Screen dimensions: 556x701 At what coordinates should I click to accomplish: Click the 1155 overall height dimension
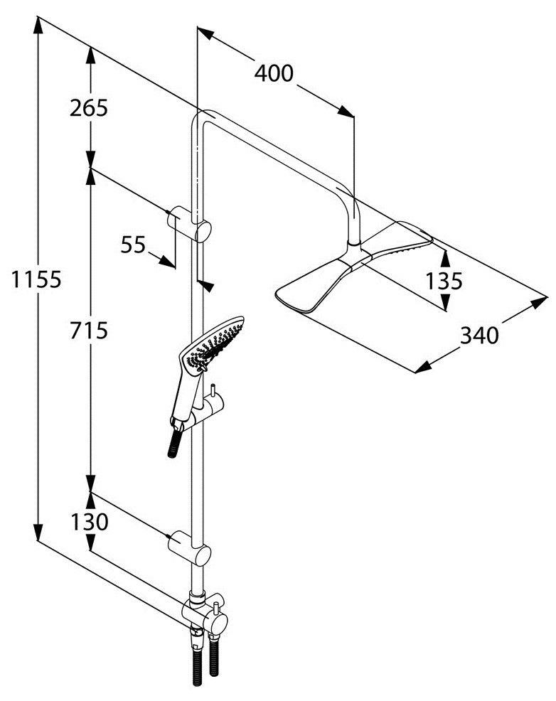coord(36,279)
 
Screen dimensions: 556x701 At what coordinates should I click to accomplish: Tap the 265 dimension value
coord(88,108)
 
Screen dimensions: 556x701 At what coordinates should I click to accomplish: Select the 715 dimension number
coord(88,331)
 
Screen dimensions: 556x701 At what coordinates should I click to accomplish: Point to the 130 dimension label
coord(90,522)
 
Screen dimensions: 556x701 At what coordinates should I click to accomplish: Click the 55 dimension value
coord(133,245)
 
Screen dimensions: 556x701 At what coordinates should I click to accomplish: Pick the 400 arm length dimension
coord(274,73)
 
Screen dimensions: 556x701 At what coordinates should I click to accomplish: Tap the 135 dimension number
coord(444,282)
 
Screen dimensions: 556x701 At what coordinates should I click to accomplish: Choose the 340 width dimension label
coord(479,336)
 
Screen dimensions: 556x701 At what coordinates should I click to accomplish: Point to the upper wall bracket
coord(188,223)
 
